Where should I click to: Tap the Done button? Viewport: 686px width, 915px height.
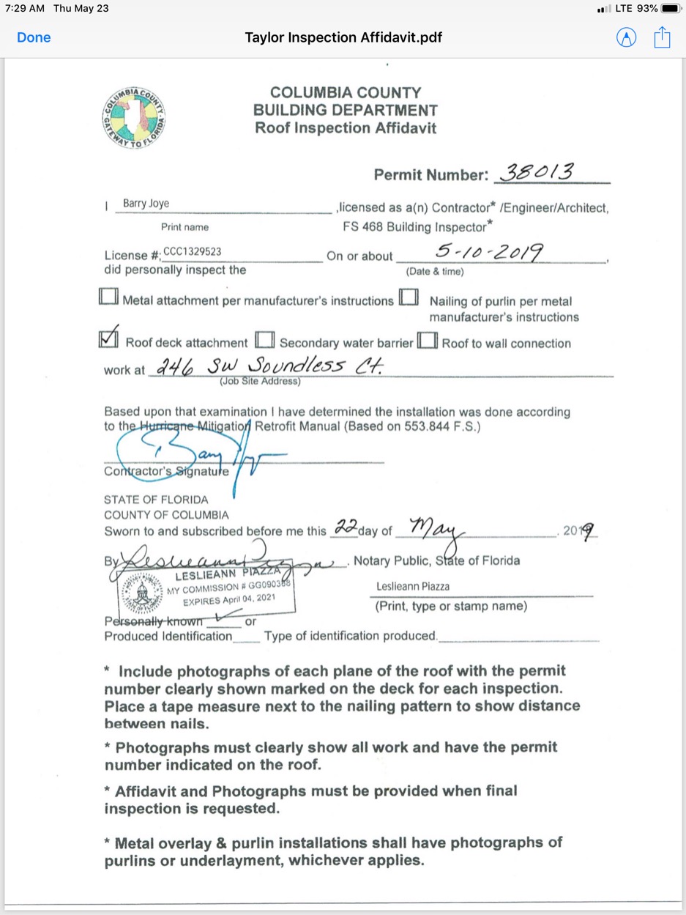pyautogui.click(x=34, y=37)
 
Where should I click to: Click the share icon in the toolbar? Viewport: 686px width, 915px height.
pyautogui.click(x=662, y=37)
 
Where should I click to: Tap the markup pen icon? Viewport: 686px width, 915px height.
pyautogui.click(x=627, y=37)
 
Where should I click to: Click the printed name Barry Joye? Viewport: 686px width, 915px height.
pyautogui.click(x=146, y=204)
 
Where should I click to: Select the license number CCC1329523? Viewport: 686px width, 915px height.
pyautogui.click(x=193, y=251)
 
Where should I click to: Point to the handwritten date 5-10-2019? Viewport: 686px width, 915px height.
pyautogui.click(x=489, y=253)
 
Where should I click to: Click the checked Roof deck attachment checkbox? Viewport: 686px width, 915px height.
pyautogui.click(x=108, y=338)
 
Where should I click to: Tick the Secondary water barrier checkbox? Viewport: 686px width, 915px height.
pyautogui.click(x=265, y=341)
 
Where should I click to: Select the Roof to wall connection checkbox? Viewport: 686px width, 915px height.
pyautogui.click(x=428, y=341)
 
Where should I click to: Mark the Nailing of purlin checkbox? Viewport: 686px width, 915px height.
pyautogui.click(x=409, y=297)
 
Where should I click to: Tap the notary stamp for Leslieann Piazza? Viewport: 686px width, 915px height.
pyautogui.click(x=205, y=590)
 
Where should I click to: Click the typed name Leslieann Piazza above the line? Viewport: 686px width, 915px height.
pyautogui.click(x=412, y=587)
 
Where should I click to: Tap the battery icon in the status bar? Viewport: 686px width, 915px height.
pyautogui.click(x=671, y=9)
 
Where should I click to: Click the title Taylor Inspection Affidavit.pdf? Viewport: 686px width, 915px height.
pyautogui.click(x=343, y=37)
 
